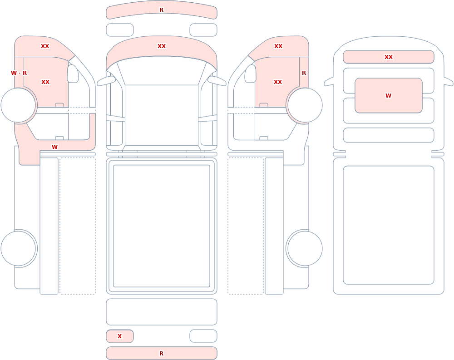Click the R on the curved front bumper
point(162,10)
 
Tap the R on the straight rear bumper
point(162,353)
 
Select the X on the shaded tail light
point(119,336)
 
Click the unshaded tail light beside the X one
point(203,336)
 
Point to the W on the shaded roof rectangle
point(388,96)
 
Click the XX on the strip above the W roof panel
point(389,57)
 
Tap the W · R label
point(19,73)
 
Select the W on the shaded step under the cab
point(55,147)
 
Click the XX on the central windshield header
point(162,46)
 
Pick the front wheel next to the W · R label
point(19,105)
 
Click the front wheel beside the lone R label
point(305,105)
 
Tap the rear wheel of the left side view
point(19,248)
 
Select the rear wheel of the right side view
point(305,248)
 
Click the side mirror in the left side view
point(73,74)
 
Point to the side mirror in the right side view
point(251,74)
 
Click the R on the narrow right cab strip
point(304,73)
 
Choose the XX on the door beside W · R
point(45,82)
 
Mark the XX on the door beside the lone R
point(278,82)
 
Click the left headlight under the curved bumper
point(120,30)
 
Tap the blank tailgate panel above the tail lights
point(162,312)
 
